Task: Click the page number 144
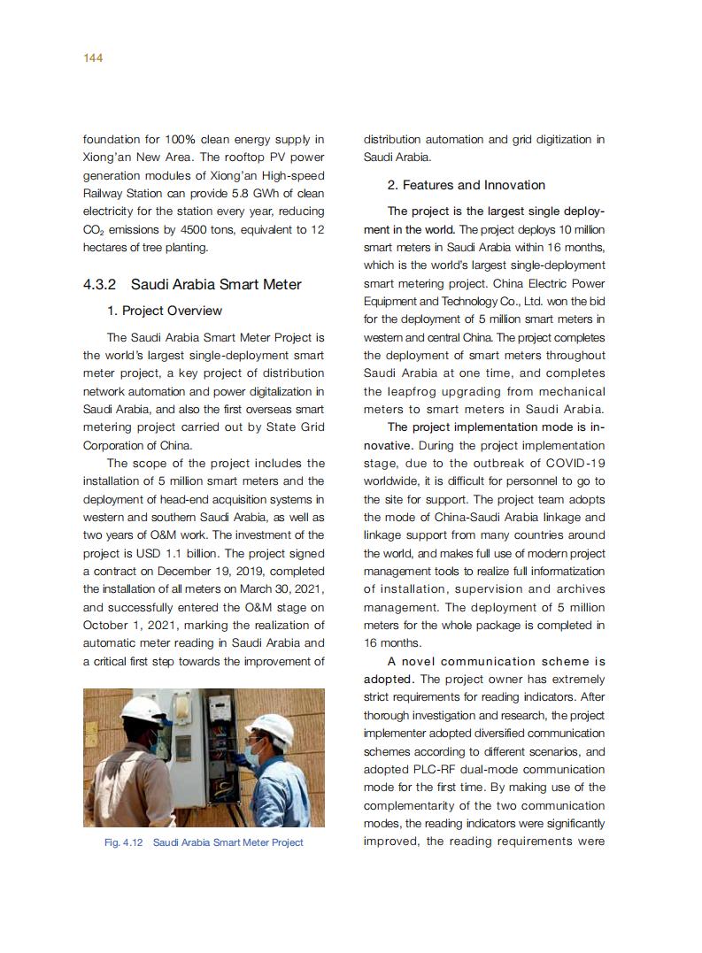point(93,58)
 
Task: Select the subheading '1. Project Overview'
point(164,311)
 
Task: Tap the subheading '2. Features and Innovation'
point(466,185)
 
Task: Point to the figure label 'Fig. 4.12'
point(124,842)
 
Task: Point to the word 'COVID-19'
point(577,463)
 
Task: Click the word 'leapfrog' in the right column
point(429,391)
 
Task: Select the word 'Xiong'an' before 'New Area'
point(106,158)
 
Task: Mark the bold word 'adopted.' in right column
point(389,680)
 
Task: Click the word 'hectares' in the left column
point(105,248)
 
